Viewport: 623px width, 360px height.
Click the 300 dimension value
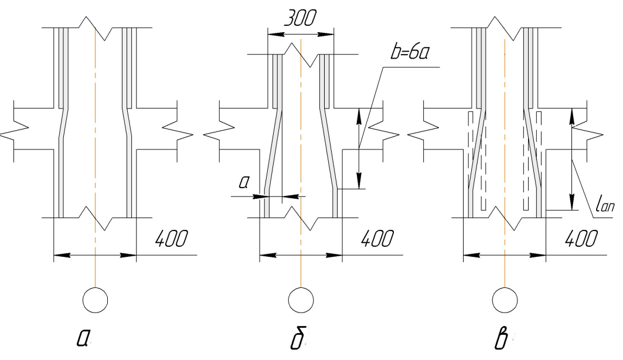[x=301, y=18]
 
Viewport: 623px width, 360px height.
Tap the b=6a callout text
[x=410, y=52]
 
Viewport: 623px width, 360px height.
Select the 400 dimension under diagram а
[x=171, y=239]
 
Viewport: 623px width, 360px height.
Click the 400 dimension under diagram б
[x=377, y=239]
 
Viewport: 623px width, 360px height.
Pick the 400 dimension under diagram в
[x=581, y=239]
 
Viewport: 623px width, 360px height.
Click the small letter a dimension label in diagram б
[x=244, y=182]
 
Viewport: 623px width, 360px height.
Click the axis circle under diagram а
[x=96, y=300]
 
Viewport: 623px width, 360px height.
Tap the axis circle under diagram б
[x=301, y=300]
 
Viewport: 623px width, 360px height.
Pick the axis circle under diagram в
[x=505, y=300]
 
